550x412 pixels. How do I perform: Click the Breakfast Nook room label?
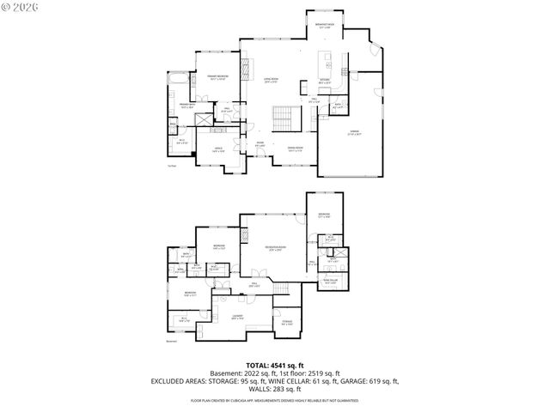click(324, 26)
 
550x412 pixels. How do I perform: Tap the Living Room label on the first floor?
click(270, 82)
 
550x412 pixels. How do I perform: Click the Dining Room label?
click(295, 149)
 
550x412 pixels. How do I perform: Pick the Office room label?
click(218, 150)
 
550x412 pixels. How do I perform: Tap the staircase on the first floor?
click(282, 116)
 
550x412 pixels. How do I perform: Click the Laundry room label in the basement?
click(237, 317)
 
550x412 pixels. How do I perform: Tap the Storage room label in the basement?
click(287, 323)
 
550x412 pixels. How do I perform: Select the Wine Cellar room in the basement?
click(330, 281)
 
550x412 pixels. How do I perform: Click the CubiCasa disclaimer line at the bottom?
click(274, 401)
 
